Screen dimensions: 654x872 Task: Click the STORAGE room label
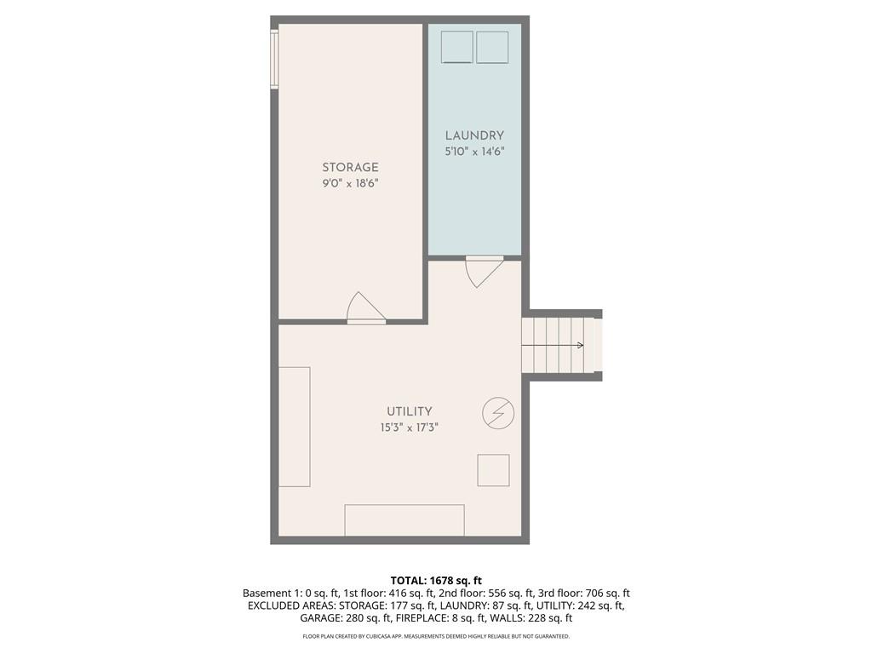350,168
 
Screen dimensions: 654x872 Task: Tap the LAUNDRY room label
474,135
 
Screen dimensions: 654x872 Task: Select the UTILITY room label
410,411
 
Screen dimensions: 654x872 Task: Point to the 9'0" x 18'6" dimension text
350,183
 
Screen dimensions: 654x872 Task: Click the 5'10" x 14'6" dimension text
474,151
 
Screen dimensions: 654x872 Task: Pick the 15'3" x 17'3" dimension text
410,427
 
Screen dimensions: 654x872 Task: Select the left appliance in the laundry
457,48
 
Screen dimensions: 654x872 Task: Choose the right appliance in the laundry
492,48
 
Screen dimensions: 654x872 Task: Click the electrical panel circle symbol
498,414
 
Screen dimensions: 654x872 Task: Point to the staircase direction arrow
554,345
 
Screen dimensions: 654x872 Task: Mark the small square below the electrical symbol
493,470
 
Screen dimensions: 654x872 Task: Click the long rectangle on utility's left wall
295,427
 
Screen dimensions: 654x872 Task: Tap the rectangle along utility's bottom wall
404,520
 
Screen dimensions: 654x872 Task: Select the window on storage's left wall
274,59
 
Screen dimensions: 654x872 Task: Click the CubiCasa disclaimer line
436,636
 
